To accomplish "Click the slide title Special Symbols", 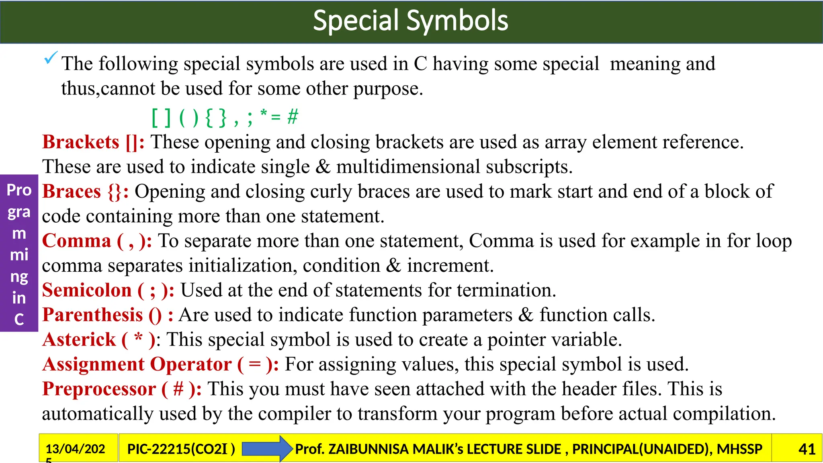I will (410, 21).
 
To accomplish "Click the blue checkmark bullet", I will (51, 58).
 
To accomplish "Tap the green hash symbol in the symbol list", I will (293, 117).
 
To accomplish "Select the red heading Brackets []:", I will (93, 142).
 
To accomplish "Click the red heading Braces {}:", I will (85, 192).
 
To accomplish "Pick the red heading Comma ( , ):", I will (97, 241).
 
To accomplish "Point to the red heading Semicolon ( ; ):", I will (108, 291).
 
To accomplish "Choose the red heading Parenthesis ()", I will (102, 315).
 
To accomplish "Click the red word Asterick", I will (79, 340).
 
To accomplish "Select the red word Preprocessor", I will (99, 389).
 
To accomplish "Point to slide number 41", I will (807, 449).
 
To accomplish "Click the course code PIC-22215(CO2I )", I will (181, 449).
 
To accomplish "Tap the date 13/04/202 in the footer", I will (75, 449).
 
